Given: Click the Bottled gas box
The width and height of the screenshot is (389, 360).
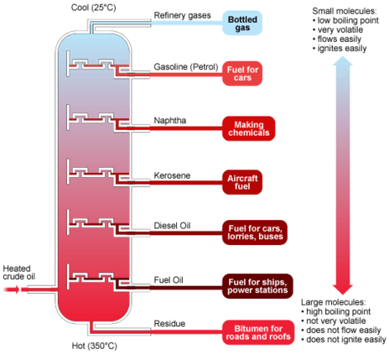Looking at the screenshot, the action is pyautogui.click(x=242, y=23).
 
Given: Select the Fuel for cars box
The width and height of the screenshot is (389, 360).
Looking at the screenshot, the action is pyautogui.click(x=242, y=74).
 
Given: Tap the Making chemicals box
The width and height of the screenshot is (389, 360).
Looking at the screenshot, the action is pyautogui.click(x=249, y=128).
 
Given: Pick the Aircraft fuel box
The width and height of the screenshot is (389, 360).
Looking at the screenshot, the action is pyautogui.click(x=242, y=182).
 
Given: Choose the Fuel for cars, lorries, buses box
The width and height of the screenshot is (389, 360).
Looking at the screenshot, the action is pyautogui.click(x=255, y=232).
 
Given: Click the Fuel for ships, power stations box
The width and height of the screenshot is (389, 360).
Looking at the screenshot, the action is pyautogui.click(x=257, y=286).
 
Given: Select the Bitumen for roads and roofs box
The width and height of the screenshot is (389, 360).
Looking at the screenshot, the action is pyautogui.click(x=258, y=332).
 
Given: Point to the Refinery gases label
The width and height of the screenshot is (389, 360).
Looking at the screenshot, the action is pyautogui.click(x=182, y=15).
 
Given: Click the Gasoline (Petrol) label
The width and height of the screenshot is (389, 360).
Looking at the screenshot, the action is pyautogui.click(x=186, y=67).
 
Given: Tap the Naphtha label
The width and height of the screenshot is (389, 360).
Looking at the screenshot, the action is pyautogui.click(x=170, y=121).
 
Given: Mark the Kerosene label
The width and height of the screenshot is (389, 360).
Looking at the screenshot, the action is pyautogui.click(x=172, y=175).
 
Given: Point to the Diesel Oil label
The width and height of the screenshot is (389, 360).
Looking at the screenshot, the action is pyautogui.click(x=172, y=226).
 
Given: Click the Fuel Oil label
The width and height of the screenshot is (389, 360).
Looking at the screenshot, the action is pyautogui.click(x=169, y=279).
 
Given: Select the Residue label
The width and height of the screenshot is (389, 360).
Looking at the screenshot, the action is pyautogui.click(x=169, y=324).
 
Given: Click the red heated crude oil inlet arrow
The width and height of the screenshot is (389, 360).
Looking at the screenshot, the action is pyautogui.click(x=12, y=290).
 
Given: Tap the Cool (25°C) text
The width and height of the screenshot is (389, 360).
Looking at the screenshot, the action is pyautogui.click(x=93, y=8).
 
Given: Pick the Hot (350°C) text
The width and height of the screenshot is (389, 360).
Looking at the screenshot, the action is pyautogui.click(x=95, y=346).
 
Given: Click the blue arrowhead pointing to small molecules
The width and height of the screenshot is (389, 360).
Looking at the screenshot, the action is pyautogui.click(x=343, y=61).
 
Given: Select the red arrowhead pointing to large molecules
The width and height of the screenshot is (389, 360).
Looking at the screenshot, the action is pyautogui.click(x=343, y=290).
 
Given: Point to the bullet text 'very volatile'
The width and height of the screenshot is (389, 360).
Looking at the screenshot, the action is pyautogui.click(x=340, y=29).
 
